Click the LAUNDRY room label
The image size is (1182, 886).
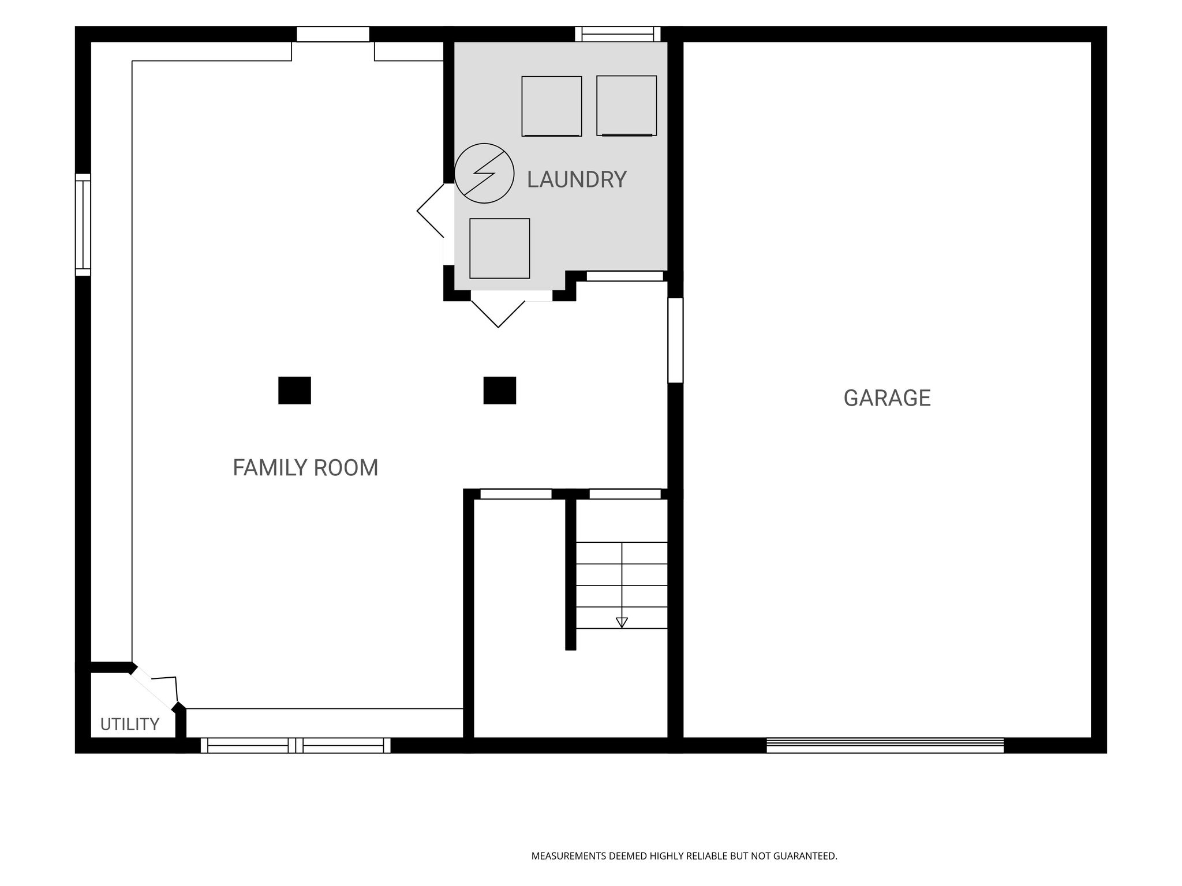[x=577, y=179]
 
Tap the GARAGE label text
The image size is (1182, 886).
[x=887, y=398]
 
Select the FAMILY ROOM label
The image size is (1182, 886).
[x=305, y=468]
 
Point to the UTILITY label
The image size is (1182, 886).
[x=130, y=724]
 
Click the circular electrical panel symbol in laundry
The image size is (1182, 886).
[x=484, y=173]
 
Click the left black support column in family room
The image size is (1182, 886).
[x=294, y=391]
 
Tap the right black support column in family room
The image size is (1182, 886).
[x=500, y=391]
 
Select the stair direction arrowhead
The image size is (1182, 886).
[x=622, y=622]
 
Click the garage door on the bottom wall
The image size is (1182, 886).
[x=885, y=745]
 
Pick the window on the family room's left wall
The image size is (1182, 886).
[x=83, y=225]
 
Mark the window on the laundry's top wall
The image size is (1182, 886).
[x=618, y=34]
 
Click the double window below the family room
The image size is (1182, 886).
[x=295, y=745]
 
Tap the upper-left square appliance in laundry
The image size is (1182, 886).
[x=552, y=106]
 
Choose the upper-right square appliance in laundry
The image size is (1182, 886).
[x=627, y=106]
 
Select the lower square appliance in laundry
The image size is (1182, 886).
[x=500, y=249]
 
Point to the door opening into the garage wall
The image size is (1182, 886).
[x=675, y=340]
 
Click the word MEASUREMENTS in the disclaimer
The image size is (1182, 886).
[x=568, y=856]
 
